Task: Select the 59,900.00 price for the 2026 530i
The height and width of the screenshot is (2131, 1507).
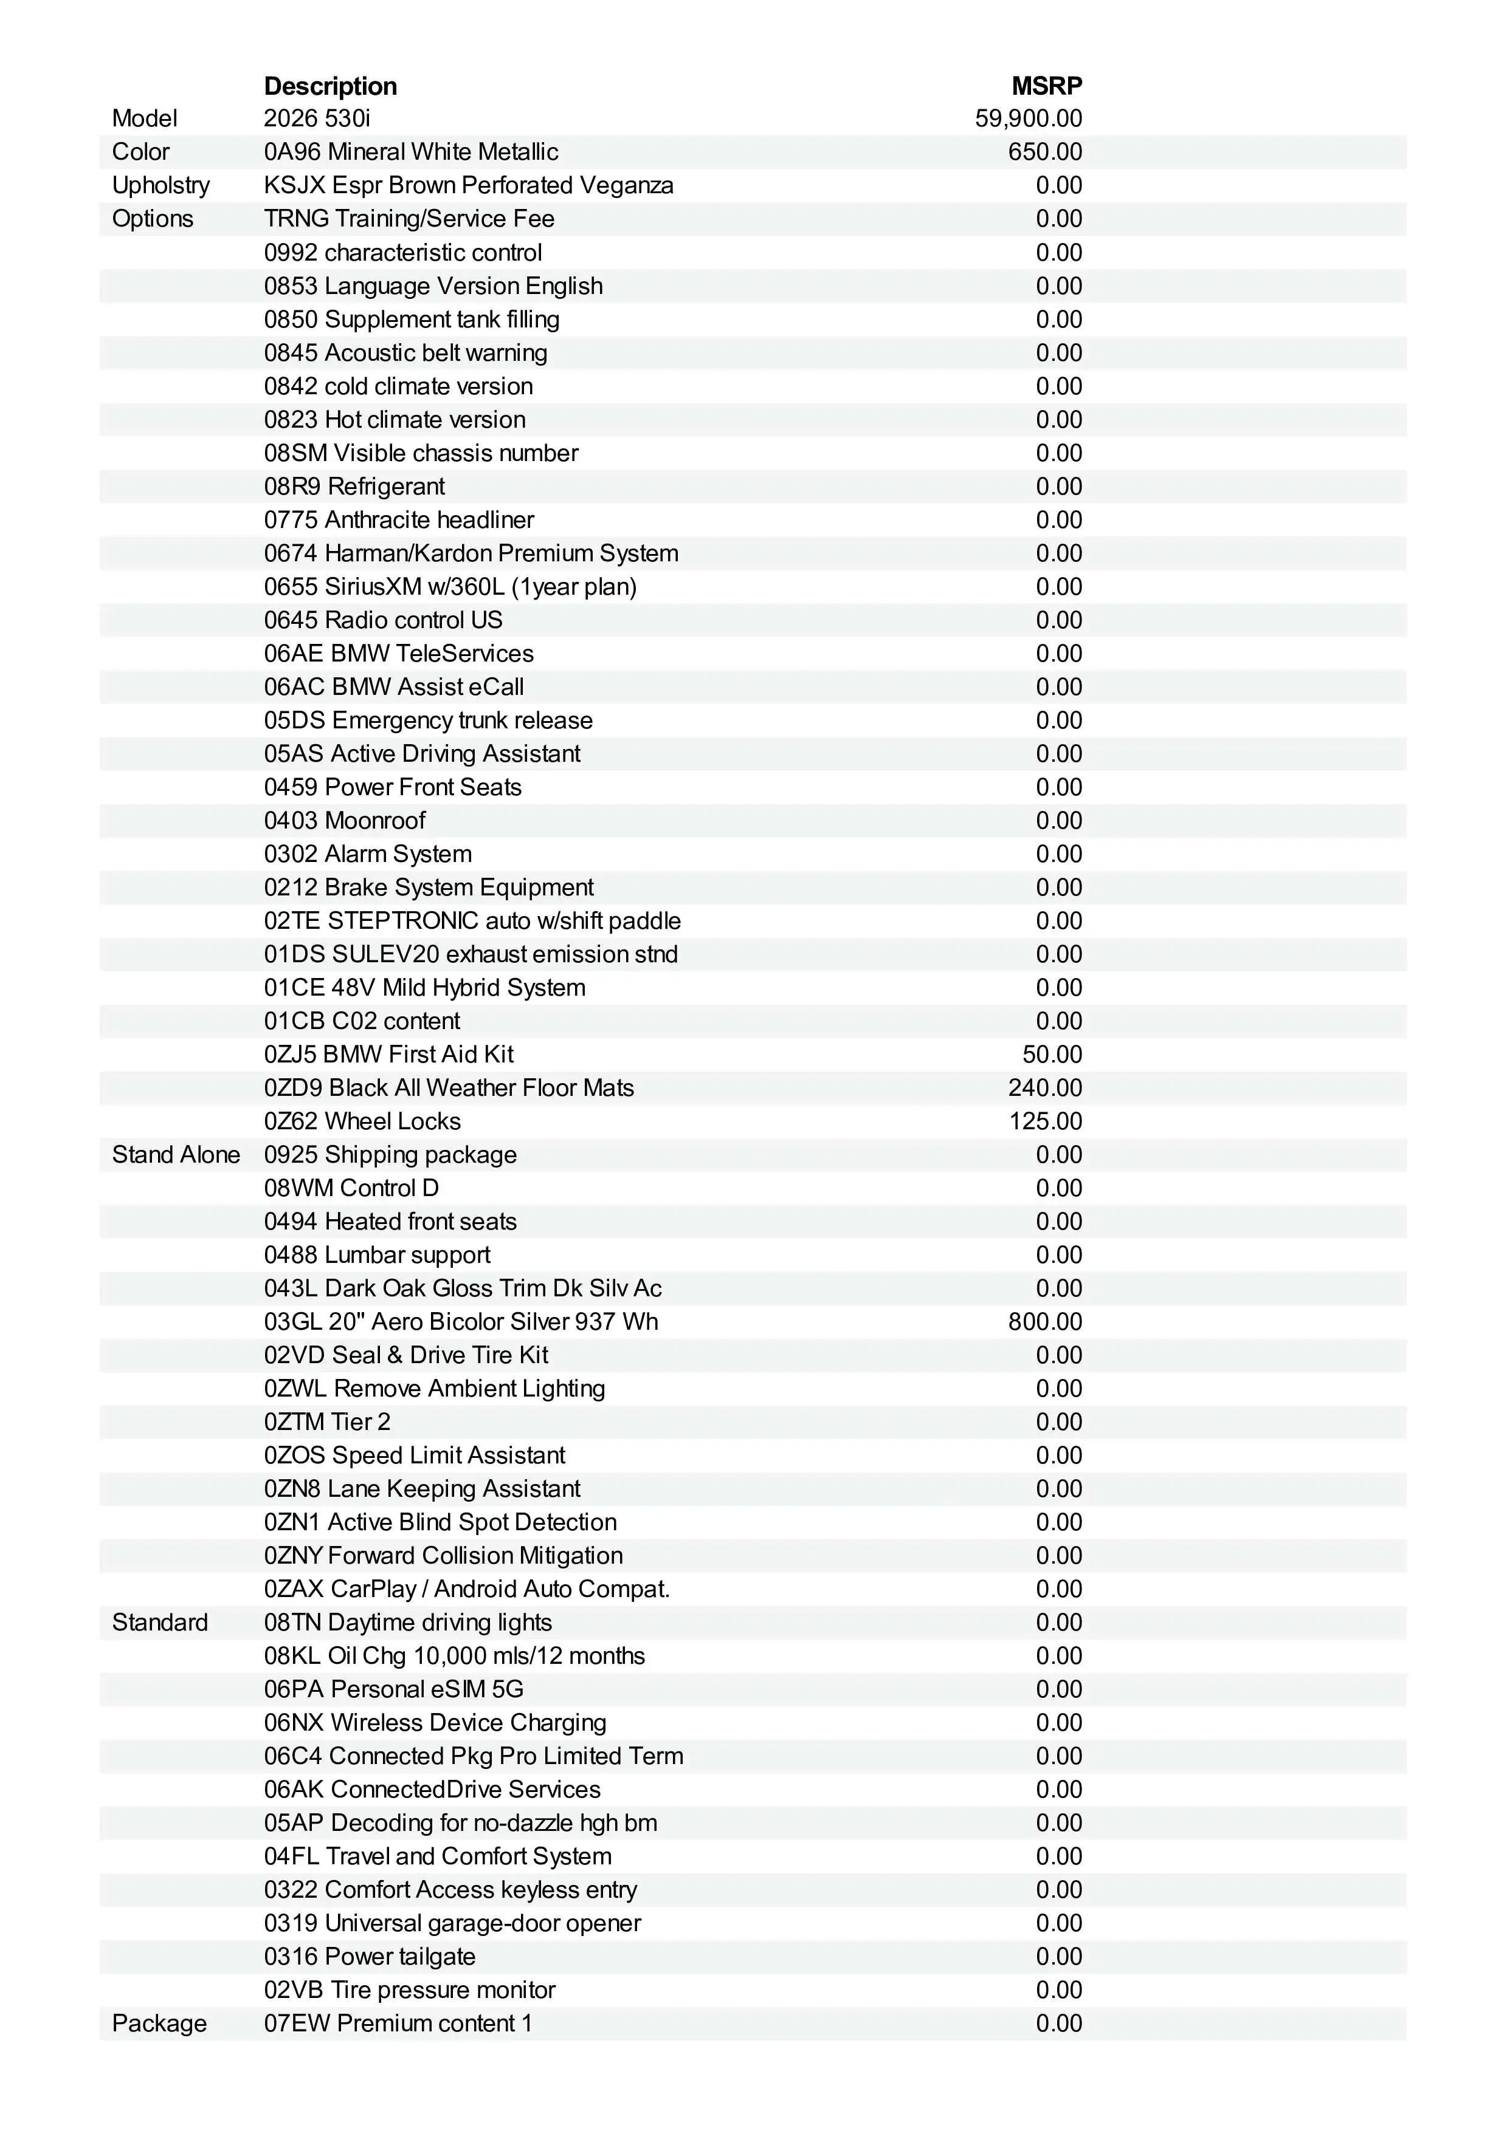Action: (1028, 119)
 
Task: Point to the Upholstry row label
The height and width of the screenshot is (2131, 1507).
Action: (160, 186)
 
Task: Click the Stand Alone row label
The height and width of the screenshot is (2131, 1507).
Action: (176, 1155)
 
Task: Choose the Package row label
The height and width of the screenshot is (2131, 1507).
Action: (159, 2023)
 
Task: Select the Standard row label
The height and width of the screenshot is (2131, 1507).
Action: (160, 1623)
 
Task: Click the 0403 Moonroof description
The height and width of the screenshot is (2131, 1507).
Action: (345, 821)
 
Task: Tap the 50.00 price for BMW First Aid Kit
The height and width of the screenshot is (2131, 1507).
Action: (1052, 1055)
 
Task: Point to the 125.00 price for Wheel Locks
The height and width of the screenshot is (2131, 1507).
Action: (1046, 1121)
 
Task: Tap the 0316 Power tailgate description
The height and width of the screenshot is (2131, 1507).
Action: (370, 1957)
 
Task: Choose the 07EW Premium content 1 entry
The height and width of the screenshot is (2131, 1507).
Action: (398, 2023)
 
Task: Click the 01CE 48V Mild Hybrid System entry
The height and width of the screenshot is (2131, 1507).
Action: (424, 988)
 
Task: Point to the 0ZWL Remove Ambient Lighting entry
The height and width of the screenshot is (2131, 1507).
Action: (433, 1389)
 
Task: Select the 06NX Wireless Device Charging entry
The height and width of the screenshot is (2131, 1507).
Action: (435, 1723)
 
